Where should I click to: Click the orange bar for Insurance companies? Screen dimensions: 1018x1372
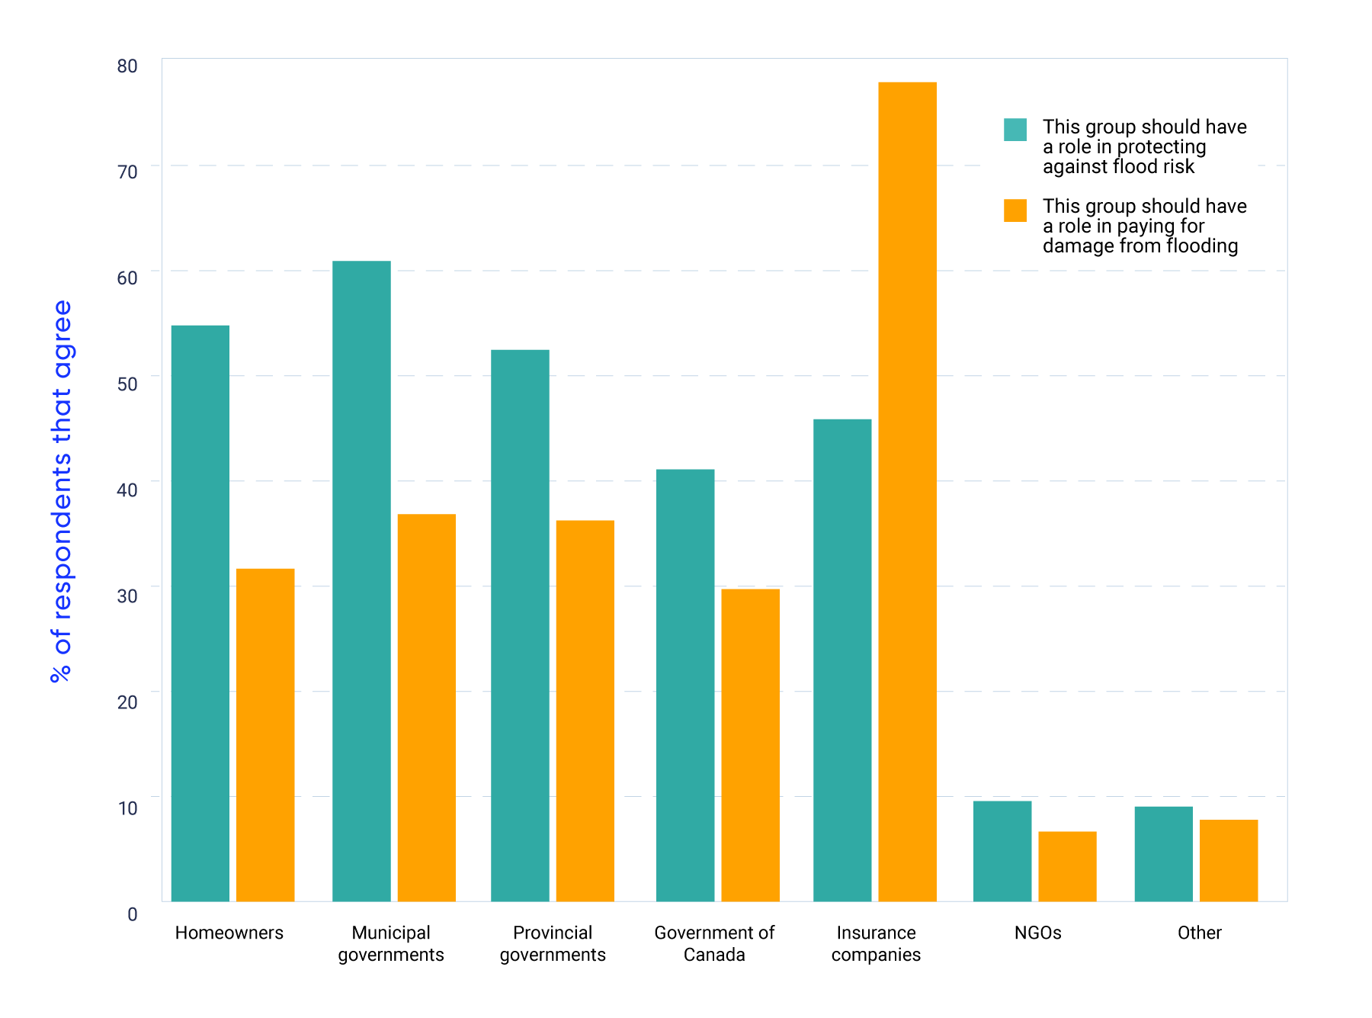(x=907, y=492)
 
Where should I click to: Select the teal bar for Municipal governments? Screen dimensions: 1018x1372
(x=361, y=581)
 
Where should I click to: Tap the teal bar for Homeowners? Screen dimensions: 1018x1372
(x=200, y=613)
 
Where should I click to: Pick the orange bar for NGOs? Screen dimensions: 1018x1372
(x=1067, y=866)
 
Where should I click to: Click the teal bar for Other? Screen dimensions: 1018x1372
(x=1163, y=854)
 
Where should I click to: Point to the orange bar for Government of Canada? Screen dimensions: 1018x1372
(x=750, y=745)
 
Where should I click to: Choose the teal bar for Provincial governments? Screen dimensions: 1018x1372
(x=520, y=625)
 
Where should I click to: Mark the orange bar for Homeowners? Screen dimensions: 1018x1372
(x=265, y=735)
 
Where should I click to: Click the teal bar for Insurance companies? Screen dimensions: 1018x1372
(x=842, y=660)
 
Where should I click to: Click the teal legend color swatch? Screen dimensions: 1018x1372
(x=1015, y=130)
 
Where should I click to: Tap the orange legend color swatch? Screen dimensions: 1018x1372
(x=1015, y=210)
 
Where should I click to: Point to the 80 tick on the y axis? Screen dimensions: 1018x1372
(x=127, y=66)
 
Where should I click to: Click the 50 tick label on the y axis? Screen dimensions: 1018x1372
(x=127, y=384)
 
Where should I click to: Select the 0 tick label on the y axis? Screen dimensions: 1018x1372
(x=133, y=914)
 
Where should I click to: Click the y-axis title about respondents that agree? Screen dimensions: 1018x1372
(x=61, y=491)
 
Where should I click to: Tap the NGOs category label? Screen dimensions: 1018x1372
(x=1037, y=933)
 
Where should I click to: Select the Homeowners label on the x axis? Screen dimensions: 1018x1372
(x=229, y=933)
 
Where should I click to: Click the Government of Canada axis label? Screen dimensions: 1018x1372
(x=714, y=943)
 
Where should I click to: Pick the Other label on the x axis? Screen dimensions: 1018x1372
(x=1199, y=933)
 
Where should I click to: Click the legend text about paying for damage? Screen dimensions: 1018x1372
(x=1144, y=226)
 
